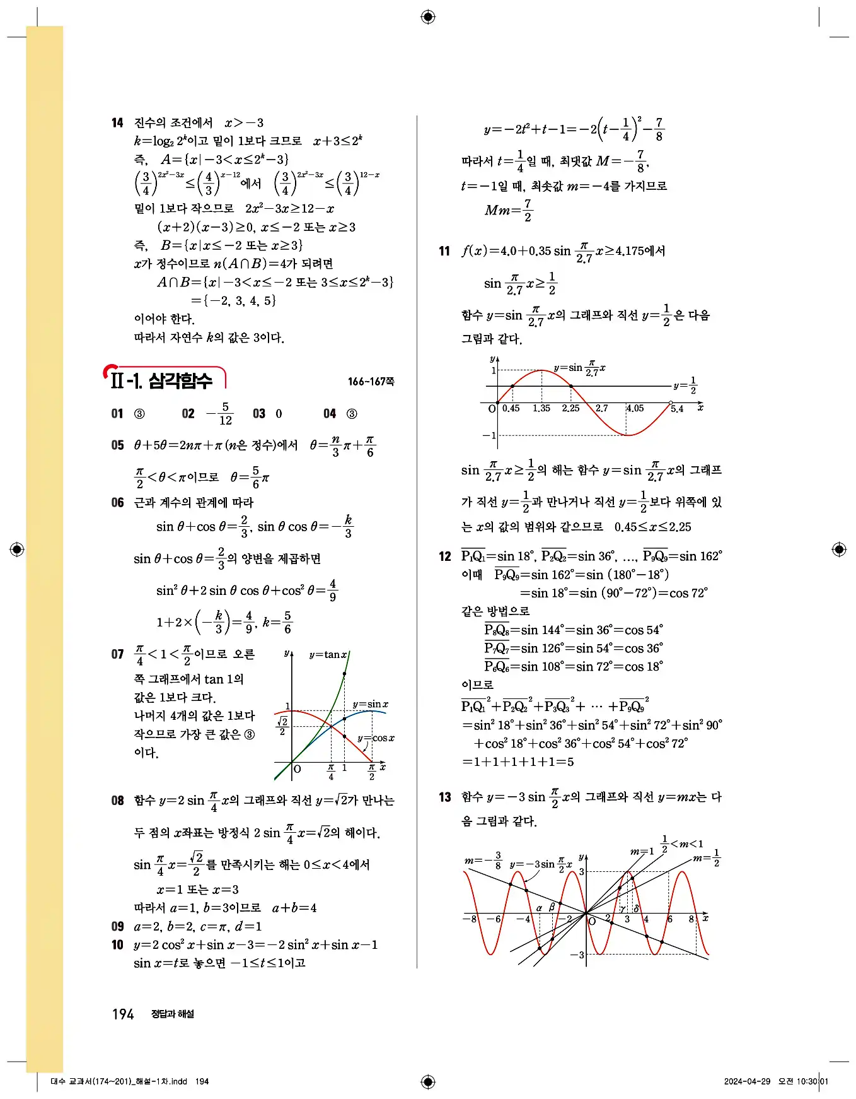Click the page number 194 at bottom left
click(x=123, y=1014)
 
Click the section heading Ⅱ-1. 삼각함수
click(x=162, y=380)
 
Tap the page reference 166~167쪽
click(x=371, y=382)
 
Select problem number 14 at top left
click(x=117, y=123)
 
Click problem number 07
click(x=117, y=654)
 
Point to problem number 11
click(x=444, y=251)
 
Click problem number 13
click(x=444, y=797)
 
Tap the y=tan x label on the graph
click(x=328, y=655)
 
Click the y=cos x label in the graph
click(x=376, y=738)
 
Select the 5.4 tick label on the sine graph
click(x=677, y=409)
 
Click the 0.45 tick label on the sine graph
click(x=511, y=408)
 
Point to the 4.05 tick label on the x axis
click(x=635, y=408)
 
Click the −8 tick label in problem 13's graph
click(x=470, y=919)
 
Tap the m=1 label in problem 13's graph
click(x=642, y=852)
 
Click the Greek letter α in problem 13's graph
click(x=539, y=908)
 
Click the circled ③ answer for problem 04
click(x=352, y=414)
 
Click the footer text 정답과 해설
click(x=173, y=1014)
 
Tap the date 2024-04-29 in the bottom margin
click(x=747, y=1081)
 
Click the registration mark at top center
click(x=428, y=17)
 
